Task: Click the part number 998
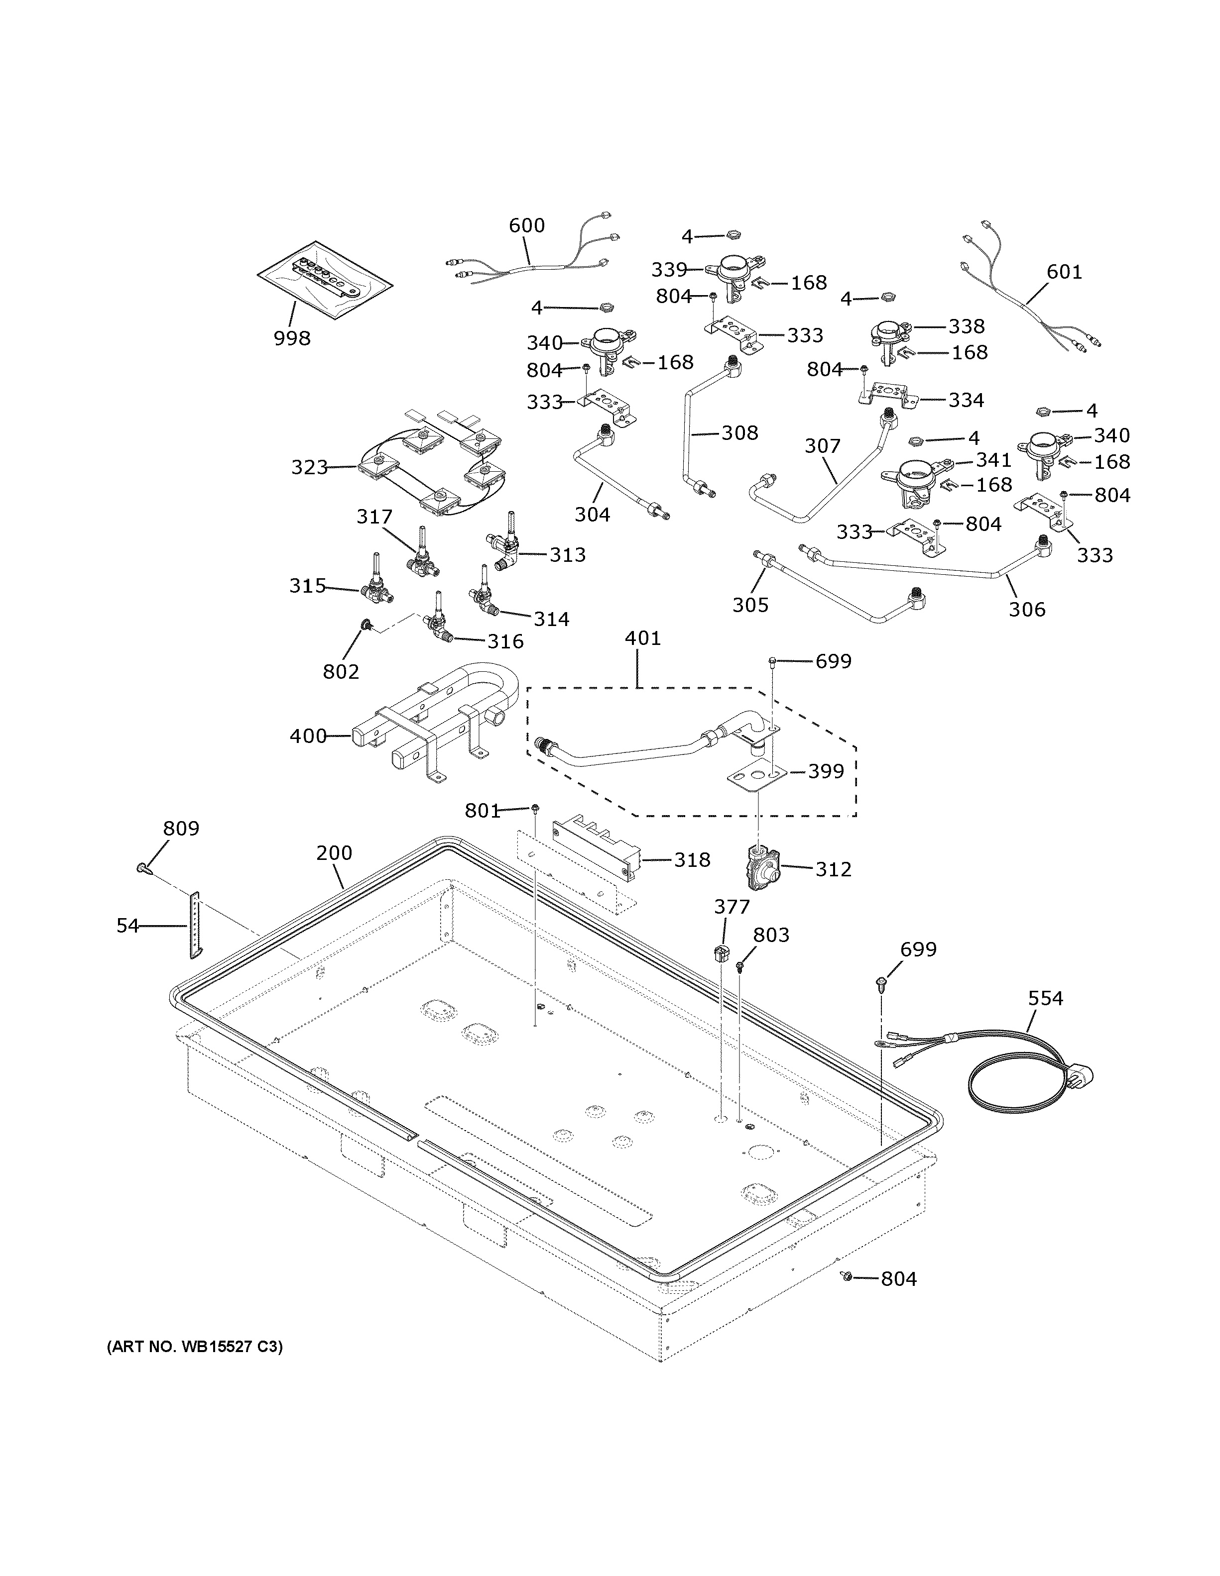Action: (292, 338)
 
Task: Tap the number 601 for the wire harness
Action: (1064, 272)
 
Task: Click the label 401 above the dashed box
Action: (642, 638)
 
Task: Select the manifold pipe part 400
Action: (433, 729)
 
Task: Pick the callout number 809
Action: (180, 829)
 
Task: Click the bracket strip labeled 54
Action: (195, 925)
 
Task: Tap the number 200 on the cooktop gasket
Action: (334, 853)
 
